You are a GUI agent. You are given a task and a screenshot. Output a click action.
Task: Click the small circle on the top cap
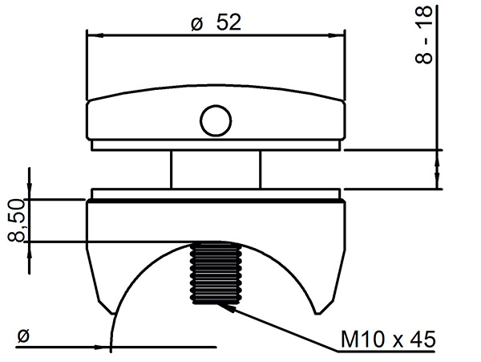[x=216, y=120]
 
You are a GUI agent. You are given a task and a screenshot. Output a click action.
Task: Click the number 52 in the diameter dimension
[x=228, y=22]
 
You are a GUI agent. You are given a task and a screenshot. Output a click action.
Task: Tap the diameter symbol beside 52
[x=197, y=24]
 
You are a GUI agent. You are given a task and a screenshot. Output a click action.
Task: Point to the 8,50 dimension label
[x=16, y=220]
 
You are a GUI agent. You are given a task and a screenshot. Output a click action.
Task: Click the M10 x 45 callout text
[x=388, y=340]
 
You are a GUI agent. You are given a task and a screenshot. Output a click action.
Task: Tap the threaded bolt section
[x=216, y=273]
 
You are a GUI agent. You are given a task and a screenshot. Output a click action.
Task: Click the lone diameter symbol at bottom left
[x=23, y=336]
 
